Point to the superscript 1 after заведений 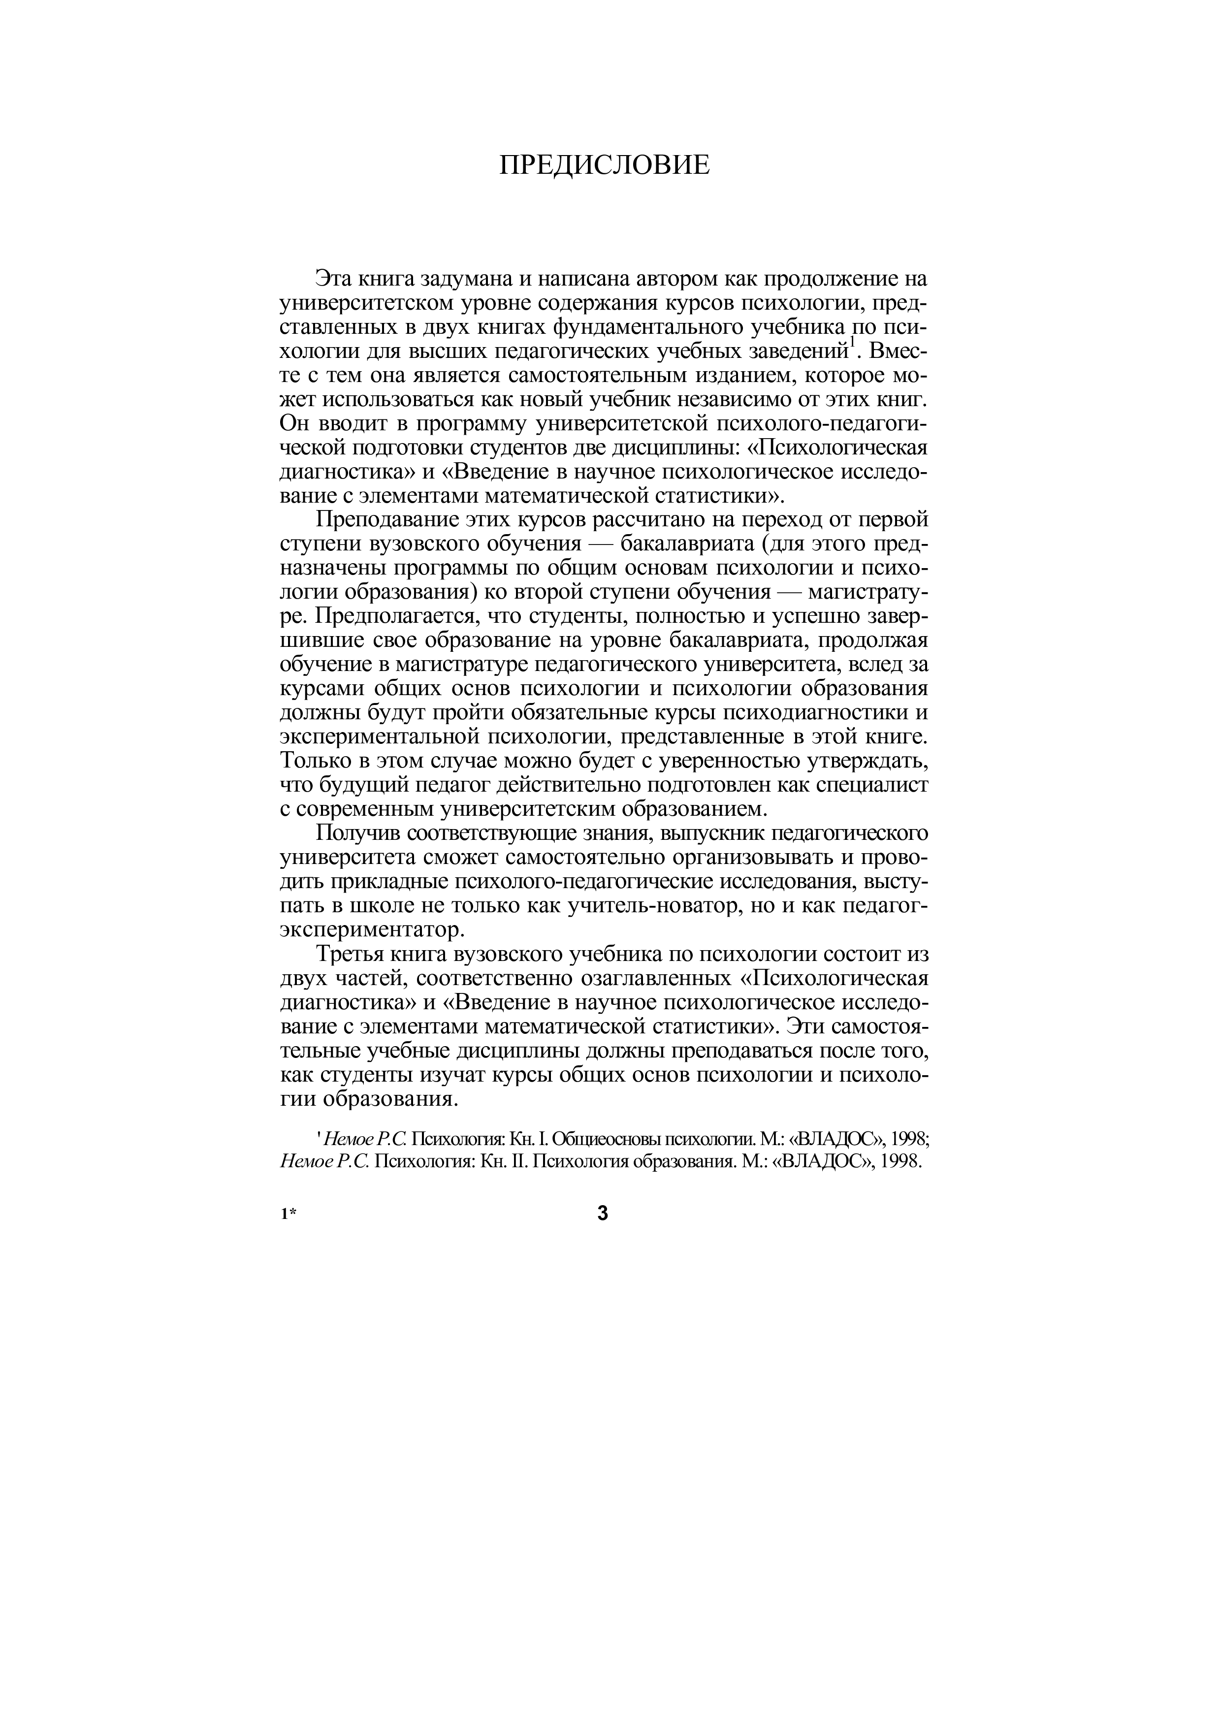click(852, 345)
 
